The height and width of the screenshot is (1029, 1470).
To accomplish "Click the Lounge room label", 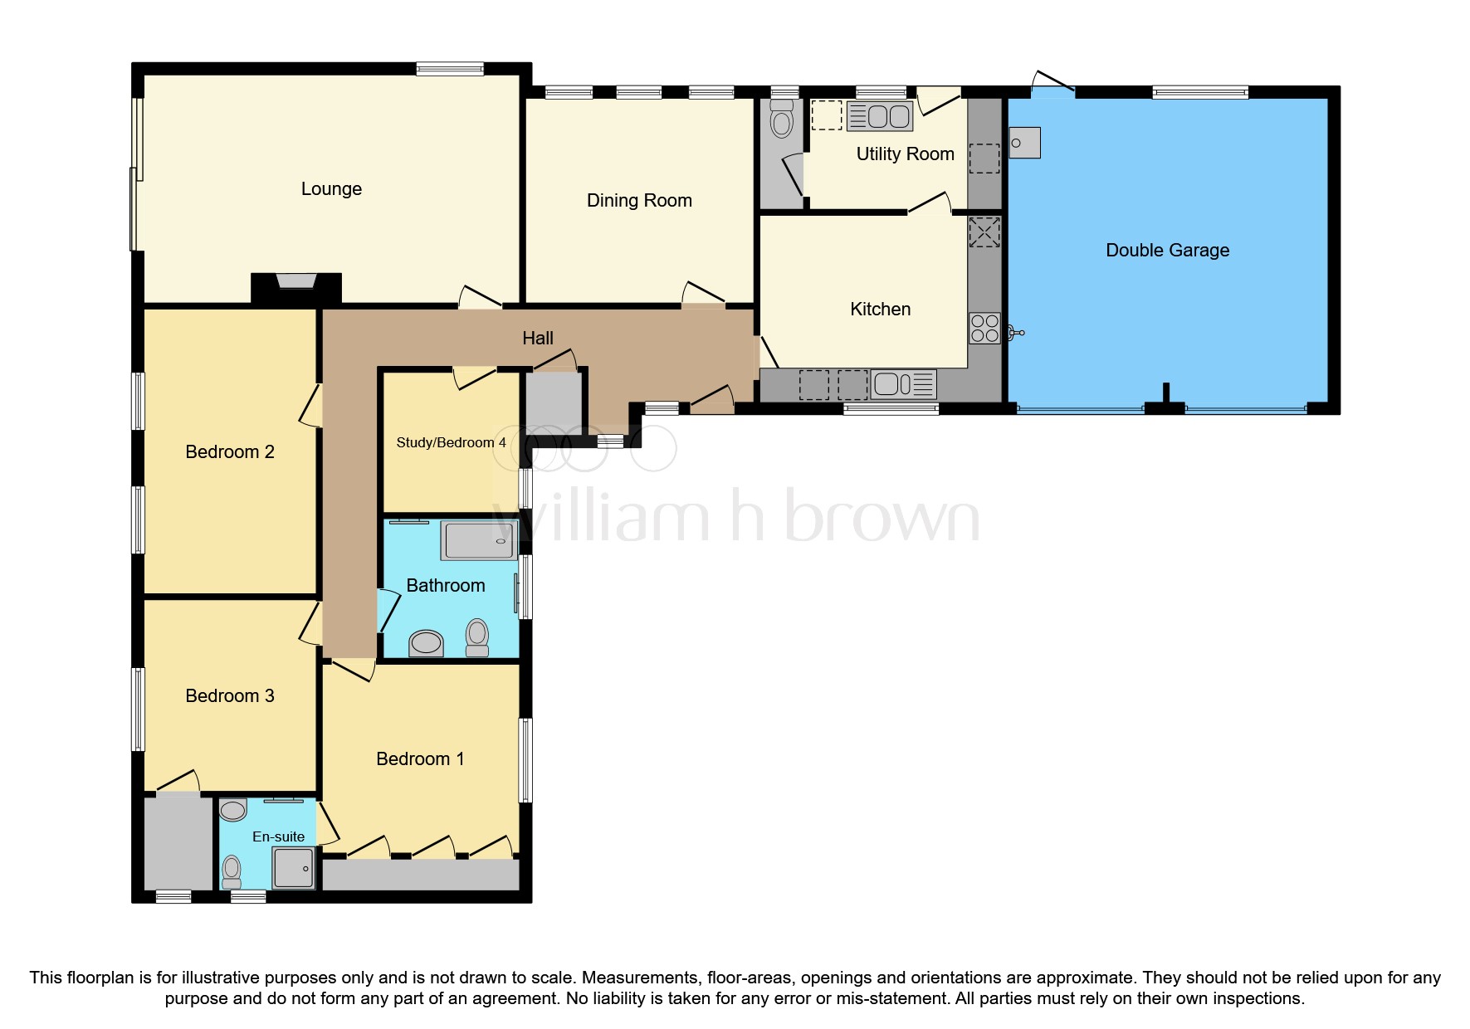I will point(331,189).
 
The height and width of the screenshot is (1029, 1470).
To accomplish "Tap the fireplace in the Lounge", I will point(296,285).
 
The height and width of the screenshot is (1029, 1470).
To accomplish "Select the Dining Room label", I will point(639,201).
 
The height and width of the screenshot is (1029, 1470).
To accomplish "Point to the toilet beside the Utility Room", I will point(781,122).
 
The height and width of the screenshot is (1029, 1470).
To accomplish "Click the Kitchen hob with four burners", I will point(984,329).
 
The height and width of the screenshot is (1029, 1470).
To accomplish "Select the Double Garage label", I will point(1167,251).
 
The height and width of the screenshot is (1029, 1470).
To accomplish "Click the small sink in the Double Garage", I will point(1024,143).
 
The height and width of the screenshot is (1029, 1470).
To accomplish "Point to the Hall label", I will point(538,339).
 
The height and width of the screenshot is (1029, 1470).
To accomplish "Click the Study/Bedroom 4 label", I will point(451,443).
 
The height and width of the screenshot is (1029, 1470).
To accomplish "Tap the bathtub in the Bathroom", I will point(479,541).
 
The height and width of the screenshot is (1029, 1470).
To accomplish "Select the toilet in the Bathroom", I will point(477,637).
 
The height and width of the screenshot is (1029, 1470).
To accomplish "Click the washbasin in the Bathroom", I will point(427,642).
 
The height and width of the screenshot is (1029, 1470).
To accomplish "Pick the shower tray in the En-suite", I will point(294,868).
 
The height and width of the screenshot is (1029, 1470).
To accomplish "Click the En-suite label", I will point(278,836).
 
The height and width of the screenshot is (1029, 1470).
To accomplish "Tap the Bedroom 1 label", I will point(420,759).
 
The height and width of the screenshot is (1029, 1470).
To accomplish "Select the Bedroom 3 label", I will point(230,696).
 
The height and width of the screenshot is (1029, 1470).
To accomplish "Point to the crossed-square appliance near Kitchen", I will point(984,232).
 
